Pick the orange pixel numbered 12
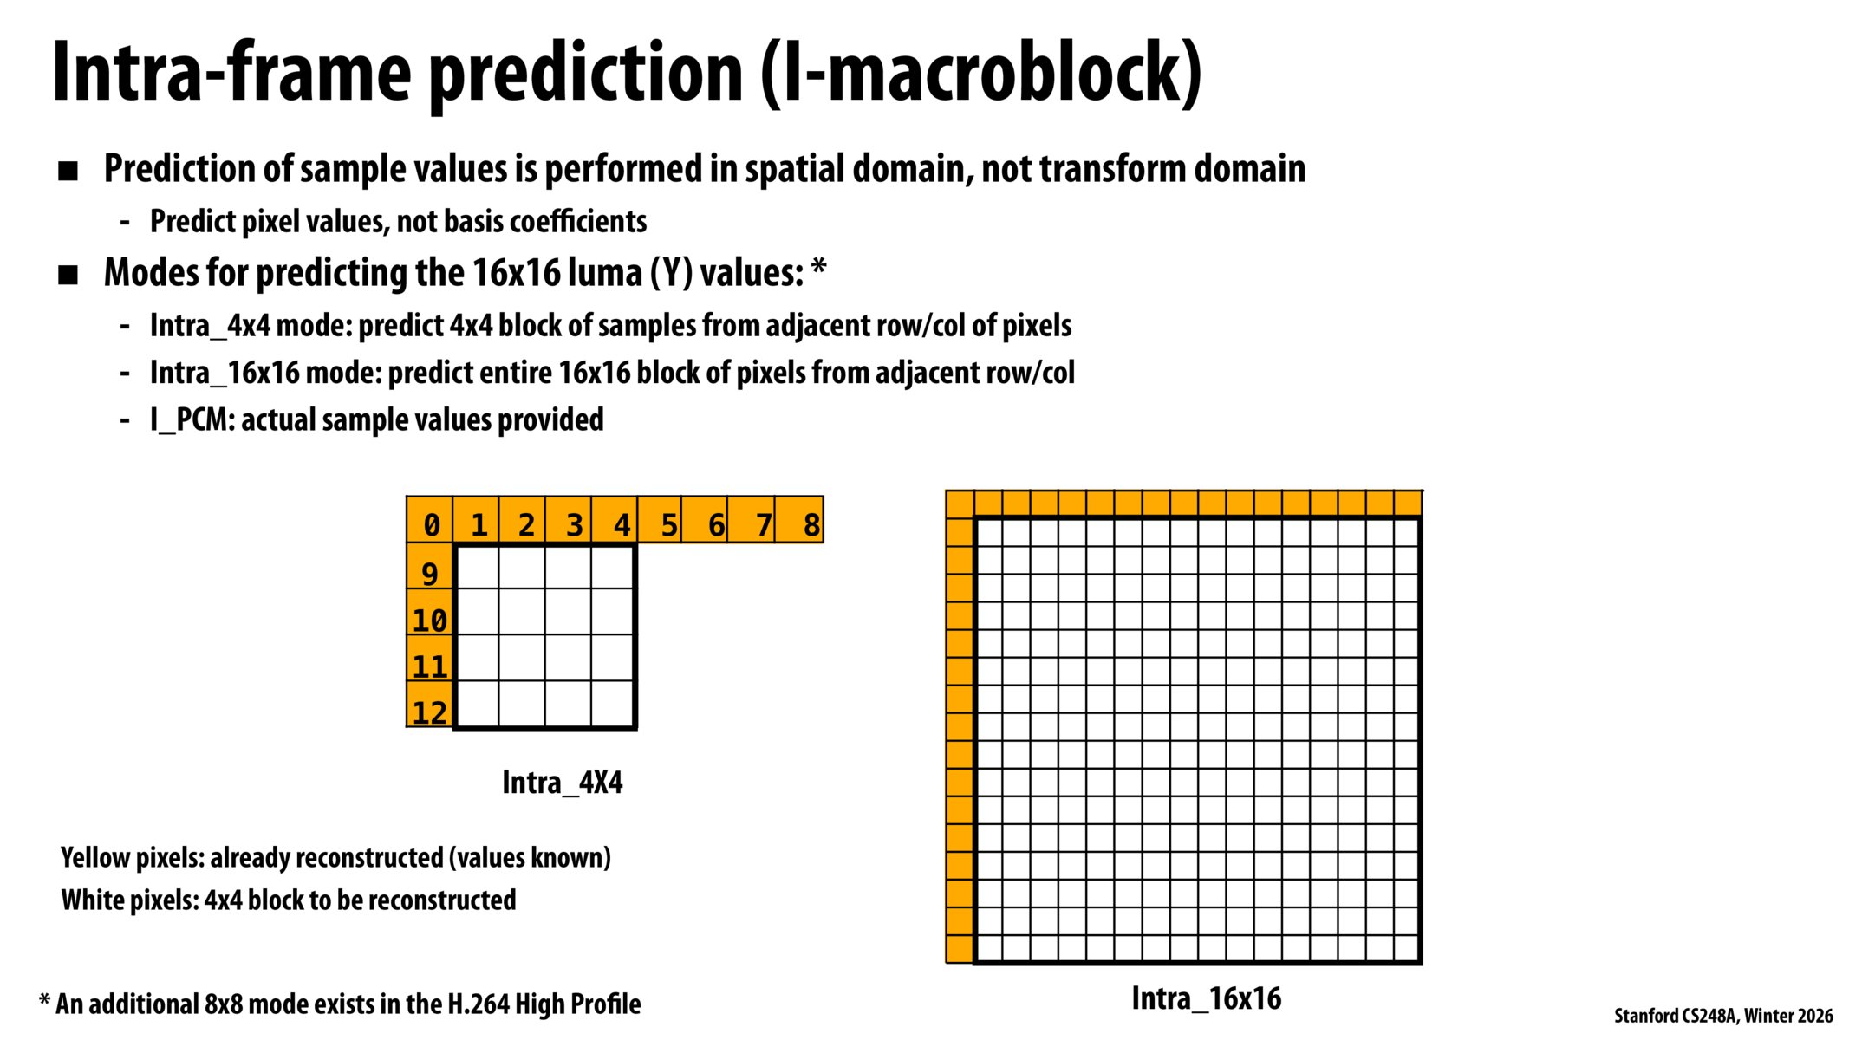tap(430, 705)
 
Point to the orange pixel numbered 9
tap(430, 568)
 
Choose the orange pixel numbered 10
tap(430, 614)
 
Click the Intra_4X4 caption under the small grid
tap(562, 783)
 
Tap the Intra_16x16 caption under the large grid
tap(1206, 998)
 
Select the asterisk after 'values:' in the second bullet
tap(818, 269)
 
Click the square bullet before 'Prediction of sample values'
tap(68, 171)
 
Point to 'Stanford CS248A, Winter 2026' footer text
tap(1723, 1016)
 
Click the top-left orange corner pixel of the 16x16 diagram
tap(960, 504)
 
